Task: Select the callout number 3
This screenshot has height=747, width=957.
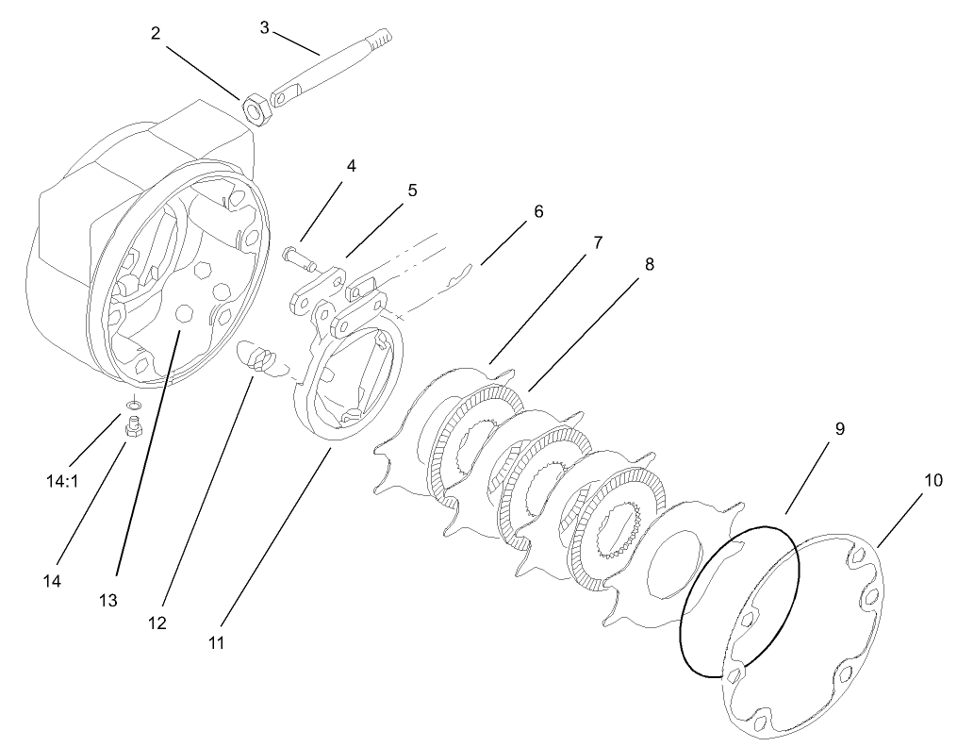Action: tap(265, 26)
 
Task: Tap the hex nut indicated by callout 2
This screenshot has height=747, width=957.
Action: tap(257, 109)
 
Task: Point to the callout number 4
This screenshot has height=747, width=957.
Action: tap(351, 166)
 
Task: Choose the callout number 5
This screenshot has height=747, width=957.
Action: tap(412, 190)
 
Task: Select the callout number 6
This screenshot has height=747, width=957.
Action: tap(538, 211)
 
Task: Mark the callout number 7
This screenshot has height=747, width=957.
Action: tap(597, 242)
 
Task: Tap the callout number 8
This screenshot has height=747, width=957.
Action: tap(649, 265)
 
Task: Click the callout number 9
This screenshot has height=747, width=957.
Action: tap(839, 428)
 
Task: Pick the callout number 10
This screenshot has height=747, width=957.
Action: tap(932, 480)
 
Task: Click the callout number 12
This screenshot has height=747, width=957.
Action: tap(157, 622)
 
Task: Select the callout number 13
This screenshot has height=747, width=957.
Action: tap(109, 600)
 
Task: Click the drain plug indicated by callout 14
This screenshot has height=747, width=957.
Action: tap(132, 430)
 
